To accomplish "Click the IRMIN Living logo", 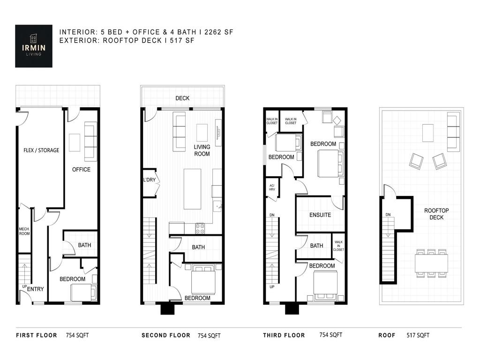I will click(33, 45).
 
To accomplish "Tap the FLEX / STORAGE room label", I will click(42, 150).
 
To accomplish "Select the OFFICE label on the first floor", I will click(81, 169).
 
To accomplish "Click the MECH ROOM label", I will click(24, 231).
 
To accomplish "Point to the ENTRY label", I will click(35, 289).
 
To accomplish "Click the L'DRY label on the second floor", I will click(149, 180).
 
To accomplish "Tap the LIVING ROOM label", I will click(202, 150).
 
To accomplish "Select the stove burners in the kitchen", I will click(200, 228).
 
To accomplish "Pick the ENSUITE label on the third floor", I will click(320, 215).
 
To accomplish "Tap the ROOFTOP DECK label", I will click(436, 214).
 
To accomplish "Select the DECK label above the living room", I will click(182, 98).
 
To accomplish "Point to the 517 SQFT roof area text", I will click(417, 335).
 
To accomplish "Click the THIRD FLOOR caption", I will click(284, 335).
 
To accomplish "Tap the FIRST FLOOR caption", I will click(37, 335).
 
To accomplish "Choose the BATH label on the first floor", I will click(84, 245).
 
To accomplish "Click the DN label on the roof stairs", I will click(388, 215).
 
